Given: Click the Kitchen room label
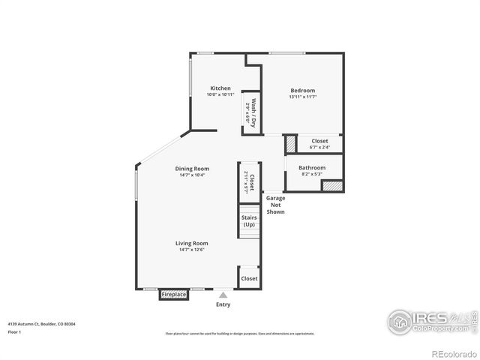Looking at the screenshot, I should pyautogui.click(x=220, y=88).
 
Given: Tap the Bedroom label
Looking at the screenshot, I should pyautogui.click(x=302, y=91).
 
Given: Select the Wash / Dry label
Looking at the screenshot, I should pyautogui.click(x=253, y=112).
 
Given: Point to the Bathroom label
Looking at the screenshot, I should pyautogui.click(x=312, y=167).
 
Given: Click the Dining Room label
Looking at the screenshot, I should pyautogui.click(x=192, y=169).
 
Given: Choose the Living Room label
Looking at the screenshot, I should pyautogui.click(x=192, y=243).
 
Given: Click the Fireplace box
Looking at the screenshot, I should pyautogui.click(x=174, y=295).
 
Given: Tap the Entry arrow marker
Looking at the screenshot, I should pyautogui.click(x=223, y=295).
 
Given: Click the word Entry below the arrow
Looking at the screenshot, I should pyautogui.click(x=223, y=304).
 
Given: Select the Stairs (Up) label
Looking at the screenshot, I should pyautogui.click(x=249, y=221).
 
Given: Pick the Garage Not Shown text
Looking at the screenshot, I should pyautogui.click(x=276, y=205).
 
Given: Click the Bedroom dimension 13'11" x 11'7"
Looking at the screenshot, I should pyautogui.click(x=302, y=97).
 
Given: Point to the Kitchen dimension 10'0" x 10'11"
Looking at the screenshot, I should pyautogui.click(x=220, y=95).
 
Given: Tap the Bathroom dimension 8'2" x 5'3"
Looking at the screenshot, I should pyautogui.click(x=312, y=174).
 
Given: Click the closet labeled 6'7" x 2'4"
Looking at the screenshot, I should pyautogui.click(x=319, y=143).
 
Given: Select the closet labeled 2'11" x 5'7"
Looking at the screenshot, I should pyautogui.click(x=249, y=184).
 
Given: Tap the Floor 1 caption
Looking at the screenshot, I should pyautogui.click(x=14, y=331).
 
